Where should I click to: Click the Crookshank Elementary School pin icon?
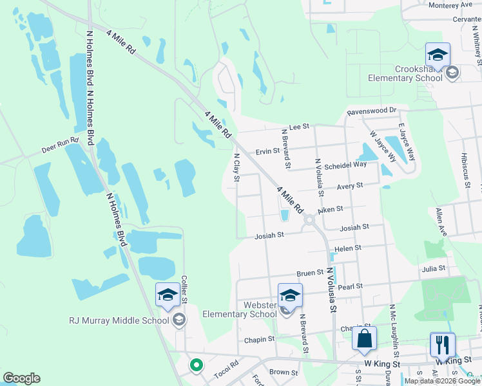click(438, 55)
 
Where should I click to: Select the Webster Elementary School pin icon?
click(290, 296)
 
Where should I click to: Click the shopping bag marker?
click(364, 339)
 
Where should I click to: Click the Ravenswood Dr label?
click(369, 111)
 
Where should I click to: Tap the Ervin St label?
click(267, 151)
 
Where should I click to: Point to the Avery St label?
click(351, 185)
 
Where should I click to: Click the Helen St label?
click(348, 248)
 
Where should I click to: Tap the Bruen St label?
click(310, 273)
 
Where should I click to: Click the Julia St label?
click(434, 268)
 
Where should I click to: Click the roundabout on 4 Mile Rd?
click(309, 220)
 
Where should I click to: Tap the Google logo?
click(22, 378)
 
